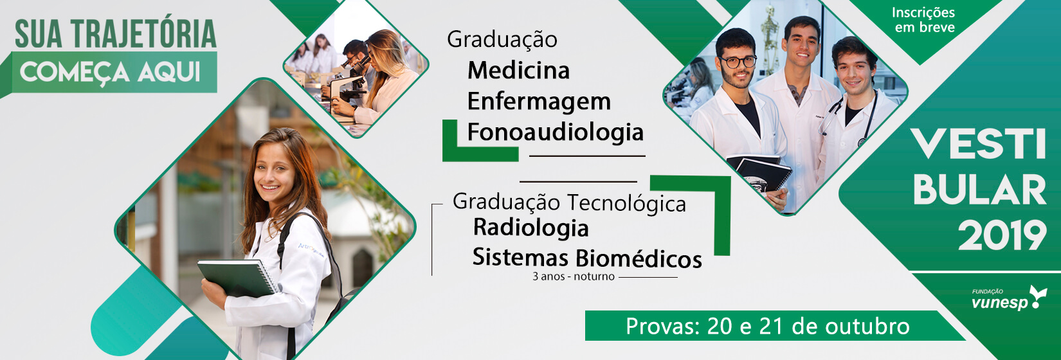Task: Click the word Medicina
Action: click(x=519, y=71)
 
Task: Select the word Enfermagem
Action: click(x=539, y=102)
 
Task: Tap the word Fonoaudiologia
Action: click(x=555, y=132)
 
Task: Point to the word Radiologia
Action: click(x=531, y=228)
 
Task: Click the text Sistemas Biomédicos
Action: click(x=587, y=258)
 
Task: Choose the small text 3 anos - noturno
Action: click(x=574, y=276)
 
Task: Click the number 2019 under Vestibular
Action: click(x=1002, y=235)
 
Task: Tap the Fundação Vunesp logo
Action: click(x=1009, y=298)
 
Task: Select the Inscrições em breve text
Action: click(x=924, y=20)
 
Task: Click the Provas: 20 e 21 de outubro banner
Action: click(x=767, y=326)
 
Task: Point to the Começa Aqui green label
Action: click(x=114, y=72)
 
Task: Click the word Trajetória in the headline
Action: click(x=144, y=35)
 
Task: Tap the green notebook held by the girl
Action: click(x=237, y=278)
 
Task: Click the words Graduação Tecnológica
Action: click(x=569, y=203)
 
